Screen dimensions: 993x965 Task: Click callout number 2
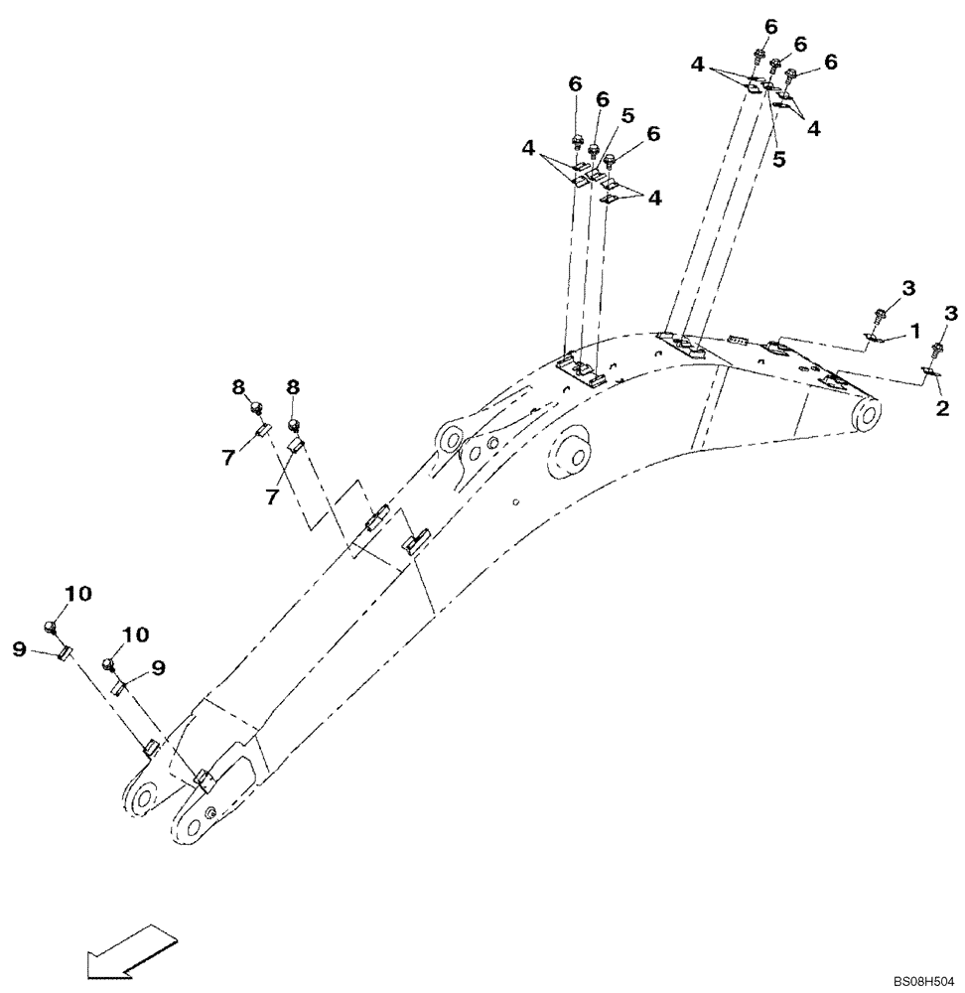pos(941,407)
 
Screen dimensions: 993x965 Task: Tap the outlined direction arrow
pos(129,950)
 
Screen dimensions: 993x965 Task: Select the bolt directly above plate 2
pos(937,350)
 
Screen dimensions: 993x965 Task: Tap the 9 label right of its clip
pos(158,668)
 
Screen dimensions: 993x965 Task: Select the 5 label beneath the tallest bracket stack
pos(779,158)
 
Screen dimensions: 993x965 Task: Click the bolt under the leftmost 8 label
pos(255,406)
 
